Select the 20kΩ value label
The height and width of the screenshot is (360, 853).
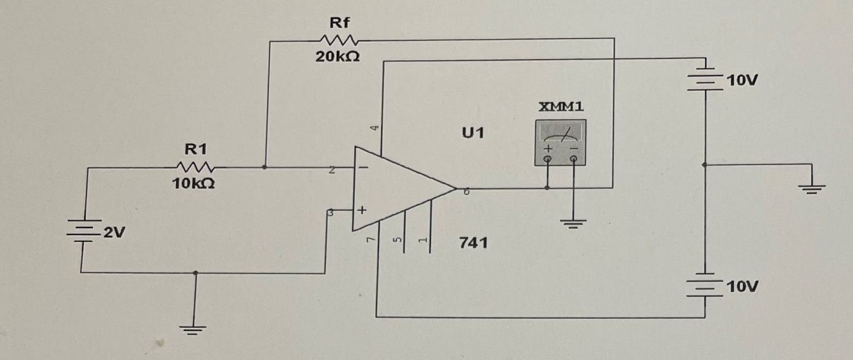click(x=337, y=56)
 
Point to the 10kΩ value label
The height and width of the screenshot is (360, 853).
click(x=193, y=184)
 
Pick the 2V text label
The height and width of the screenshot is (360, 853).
click(x=114, y=233)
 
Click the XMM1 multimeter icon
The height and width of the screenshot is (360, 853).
click(x=560, y=142)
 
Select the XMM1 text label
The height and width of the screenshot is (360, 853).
click(x=561, y=107)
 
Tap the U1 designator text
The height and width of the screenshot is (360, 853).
click(x=474, y=133)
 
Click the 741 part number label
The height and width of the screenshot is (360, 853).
click(x=473, y=243)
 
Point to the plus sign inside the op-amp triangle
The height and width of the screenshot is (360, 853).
click(x=362, y=209)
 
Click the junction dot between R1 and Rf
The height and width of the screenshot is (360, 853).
click(x=266, y=167)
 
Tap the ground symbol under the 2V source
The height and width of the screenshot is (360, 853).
click(x=196, y=331)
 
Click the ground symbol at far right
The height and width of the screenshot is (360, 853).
click(x=811, y=188)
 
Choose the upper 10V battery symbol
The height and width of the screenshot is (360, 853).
click(x=705, y=80)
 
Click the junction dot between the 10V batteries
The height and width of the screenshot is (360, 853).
click(x=705, y=165)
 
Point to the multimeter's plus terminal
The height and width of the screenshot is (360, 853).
click(x=548, y=154)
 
